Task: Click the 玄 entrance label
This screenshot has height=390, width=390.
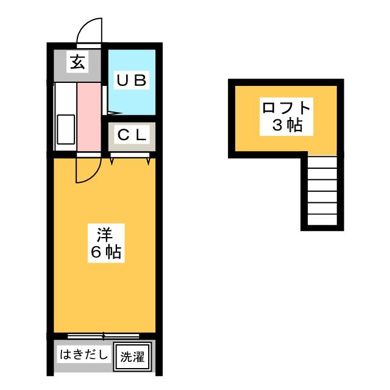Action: coord(77,62)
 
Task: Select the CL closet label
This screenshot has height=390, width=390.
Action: coord(132,136)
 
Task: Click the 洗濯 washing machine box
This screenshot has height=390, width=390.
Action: coord(132,356)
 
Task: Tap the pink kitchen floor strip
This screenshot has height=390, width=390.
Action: coord(90,116)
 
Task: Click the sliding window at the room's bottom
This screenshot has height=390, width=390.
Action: coord(104,336)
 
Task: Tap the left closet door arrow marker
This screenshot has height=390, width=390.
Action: coord(113,160)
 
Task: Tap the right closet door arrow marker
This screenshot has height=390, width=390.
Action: coord(149,160)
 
